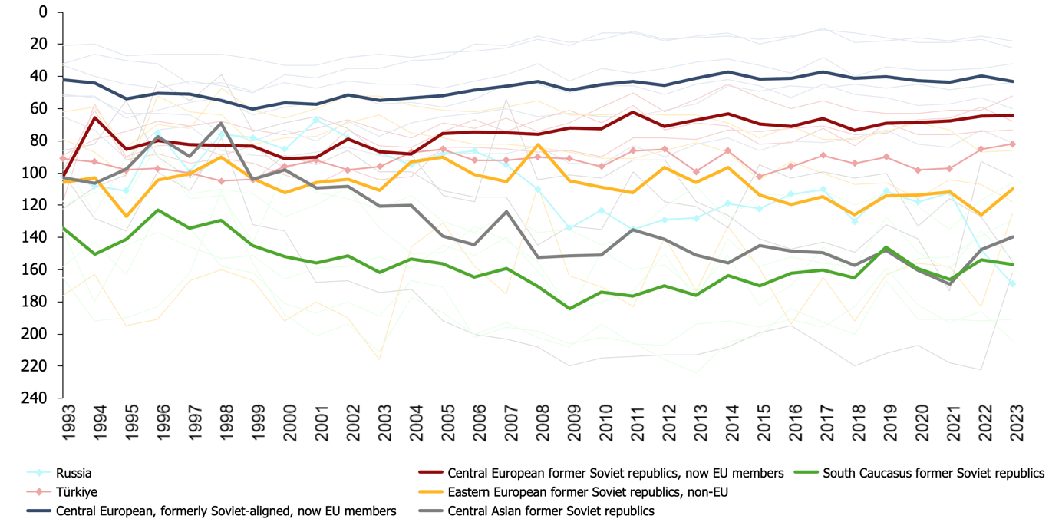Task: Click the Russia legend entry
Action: click(74, 473)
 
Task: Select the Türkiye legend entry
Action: click(76, 492)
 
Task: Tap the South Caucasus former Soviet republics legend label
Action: click(933, 473)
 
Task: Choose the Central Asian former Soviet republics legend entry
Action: click(551, 511)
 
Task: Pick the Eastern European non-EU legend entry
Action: click(587, 492)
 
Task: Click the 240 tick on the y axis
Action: click(38, 398)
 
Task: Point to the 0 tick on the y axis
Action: click(44, 12)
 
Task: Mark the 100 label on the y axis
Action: click(38, 174)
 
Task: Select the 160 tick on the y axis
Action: click(38, 269)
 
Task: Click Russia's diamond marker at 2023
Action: click(1012, 284)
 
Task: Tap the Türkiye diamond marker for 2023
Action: click(1012, 144)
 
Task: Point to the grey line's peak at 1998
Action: click(222, 123)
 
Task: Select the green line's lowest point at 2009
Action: click(569, 309)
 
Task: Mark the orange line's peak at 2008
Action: click(538, 144)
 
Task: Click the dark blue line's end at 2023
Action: click(1012, 81)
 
